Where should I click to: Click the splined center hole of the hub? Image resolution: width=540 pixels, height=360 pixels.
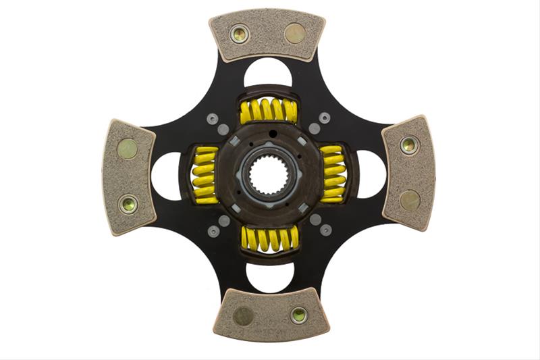pyautogui.click(x=269, y=176)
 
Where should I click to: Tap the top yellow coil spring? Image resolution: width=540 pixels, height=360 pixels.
pyautogui.click(x=269, y=111)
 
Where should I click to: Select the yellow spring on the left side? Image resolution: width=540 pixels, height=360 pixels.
pyautogui.click(x=205, y=176)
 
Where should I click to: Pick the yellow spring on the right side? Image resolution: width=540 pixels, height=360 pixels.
pyautogui.click(x=333, y=175)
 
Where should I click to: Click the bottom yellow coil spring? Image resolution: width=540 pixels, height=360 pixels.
pyautogui.click(x=269, y=239)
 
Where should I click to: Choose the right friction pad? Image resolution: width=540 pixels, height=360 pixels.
pyautogui.click(x=408, y=172)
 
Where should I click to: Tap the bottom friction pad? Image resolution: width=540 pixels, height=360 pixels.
pyautogui.click(x=269, y=314)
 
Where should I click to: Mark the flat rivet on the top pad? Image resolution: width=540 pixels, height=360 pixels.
pyautogui.click(x=295, y=32)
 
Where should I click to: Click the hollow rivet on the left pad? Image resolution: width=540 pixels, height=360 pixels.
pyautogui.click(x=128, y=204)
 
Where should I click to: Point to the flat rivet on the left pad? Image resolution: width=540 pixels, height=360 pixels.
pyautogui.click(x=127, y=149)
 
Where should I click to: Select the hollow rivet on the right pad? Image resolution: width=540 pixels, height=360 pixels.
pyautogui.click(x=408, y=145)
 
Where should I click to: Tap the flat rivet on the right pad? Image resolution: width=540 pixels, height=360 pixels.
pyautogui.click(x=410, y=200)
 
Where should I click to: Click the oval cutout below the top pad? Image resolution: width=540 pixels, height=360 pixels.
pyautogui.click(x=268, y=73)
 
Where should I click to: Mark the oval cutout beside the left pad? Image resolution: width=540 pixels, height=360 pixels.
pyautogui.click(x=166, y=176)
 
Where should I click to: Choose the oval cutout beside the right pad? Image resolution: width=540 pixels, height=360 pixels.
pyautogui.click(x=371, y=174)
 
